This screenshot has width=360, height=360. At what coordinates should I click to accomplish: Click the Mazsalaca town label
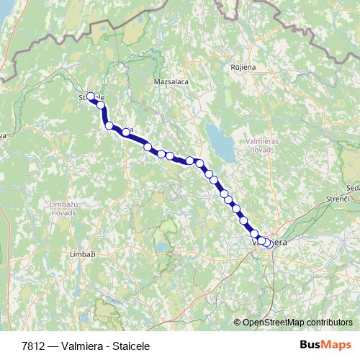(171, 82)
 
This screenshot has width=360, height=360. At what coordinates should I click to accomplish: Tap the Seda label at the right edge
(352, 187)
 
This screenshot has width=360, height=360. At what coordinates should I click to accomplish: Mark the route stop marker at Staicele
(91, 96)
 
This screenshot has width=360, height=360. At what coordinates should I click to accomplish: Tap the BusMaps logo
(321, 345)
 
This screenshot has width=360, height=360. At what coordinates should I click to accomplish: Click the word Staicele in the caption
(130, 346)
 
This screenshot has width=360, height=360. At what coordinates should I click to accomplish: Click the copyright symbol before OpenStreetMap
(238, 322)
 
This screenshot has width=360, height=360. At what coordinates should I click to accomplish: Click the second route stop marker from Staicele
(101, 105)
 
